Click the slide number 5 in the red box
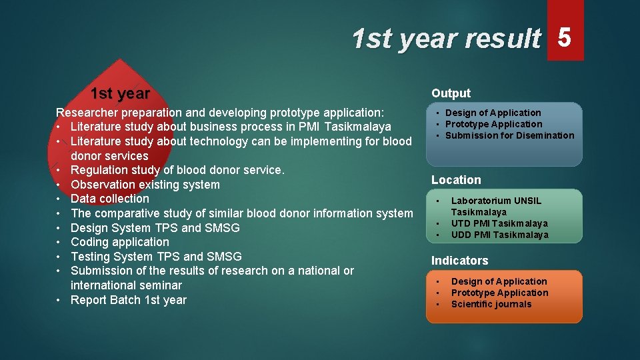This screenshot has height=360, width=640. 565,38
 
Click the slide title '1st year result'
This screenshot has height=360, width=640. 446,39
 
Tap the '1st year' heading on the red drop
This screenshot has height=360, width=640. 120,94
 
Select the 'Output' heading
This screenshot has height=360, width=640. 451,93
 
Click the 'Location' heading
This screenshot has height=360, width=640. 456,180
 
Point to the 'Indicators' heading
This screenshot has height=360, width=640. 459,261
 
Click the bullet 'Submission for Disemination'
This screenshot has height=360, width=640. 509,135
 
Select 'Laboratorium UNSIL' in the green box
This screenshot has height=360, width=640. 496,201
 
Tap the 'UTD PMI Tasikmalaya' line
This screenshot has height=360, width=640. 499,223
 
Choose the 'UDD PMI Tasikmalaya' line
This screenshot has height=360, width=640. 499,235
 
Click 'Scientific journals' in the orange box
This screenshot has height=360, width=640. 491,304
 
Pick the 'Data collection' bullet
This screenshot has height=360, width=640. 110,199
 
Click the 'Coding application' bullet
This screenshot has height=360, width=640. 120,242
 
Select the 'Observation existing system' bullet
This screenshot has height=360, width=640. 145,185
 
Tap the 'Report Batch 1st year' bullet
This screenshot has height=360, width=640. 129,300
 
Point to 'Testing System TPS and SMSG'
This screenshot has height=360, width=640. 156,257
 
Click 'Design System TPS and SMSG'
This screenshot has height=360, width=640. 155,228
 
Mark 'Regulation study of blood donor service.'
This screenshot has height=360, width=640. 177,170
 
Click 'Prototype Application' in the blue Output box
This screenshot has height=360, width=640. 493,124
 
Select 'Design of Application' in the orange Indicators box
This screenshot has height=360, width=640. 499,281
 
